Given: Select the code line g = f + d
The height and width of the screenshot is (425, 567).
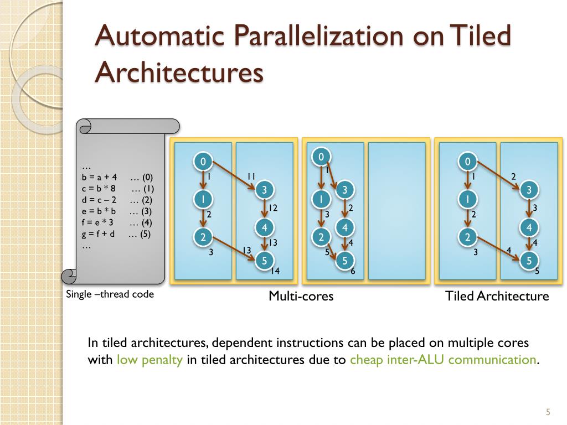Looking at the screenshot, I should [98, 234].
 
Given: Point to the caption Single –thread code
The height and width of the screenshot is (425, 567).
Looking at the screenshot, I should [110, 294].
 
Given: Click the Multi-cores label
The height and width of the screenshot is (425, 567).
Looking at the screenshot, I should [301, 296].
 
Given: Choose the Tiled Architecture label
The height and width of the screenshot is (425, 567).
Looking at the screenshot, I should [497, 296].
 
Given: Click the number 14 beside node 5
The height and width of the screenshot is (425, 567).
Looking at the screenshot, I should [275, 271].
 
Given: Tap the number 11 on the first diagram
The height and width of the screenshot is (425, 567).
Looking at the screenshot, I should [251, 176].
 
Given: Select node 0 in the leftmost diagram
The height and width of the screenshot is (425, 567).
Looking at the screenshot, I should [203, 162].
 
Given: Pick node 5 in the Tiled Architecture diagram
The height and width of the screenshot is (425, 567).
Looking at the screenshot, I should [529, 261].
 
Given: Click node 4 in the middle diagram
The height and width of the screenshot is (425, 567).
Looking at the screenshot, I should [344, 227].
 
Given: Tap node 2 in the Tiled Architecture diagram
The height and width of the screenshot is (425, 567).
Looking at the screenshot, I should [467, 237].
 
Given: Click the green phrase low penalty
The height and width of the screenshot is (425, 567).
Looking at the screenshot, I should [150, 360].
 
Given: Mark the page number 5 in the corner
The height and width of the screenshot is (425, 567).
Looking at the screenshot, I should [548, 412].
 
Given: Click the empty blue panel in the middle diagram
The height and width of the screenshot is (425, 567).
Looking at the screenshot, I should [396, 211].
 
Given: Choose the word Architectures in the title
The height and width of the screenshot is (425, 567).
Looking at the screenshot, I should [178, 72].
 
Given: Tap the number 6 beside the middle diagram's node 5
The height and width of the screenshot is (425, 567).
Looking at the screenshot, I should [353, 271].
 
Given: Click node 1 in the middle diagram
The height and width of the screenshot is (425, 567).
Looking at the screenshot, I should [320, 198].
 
